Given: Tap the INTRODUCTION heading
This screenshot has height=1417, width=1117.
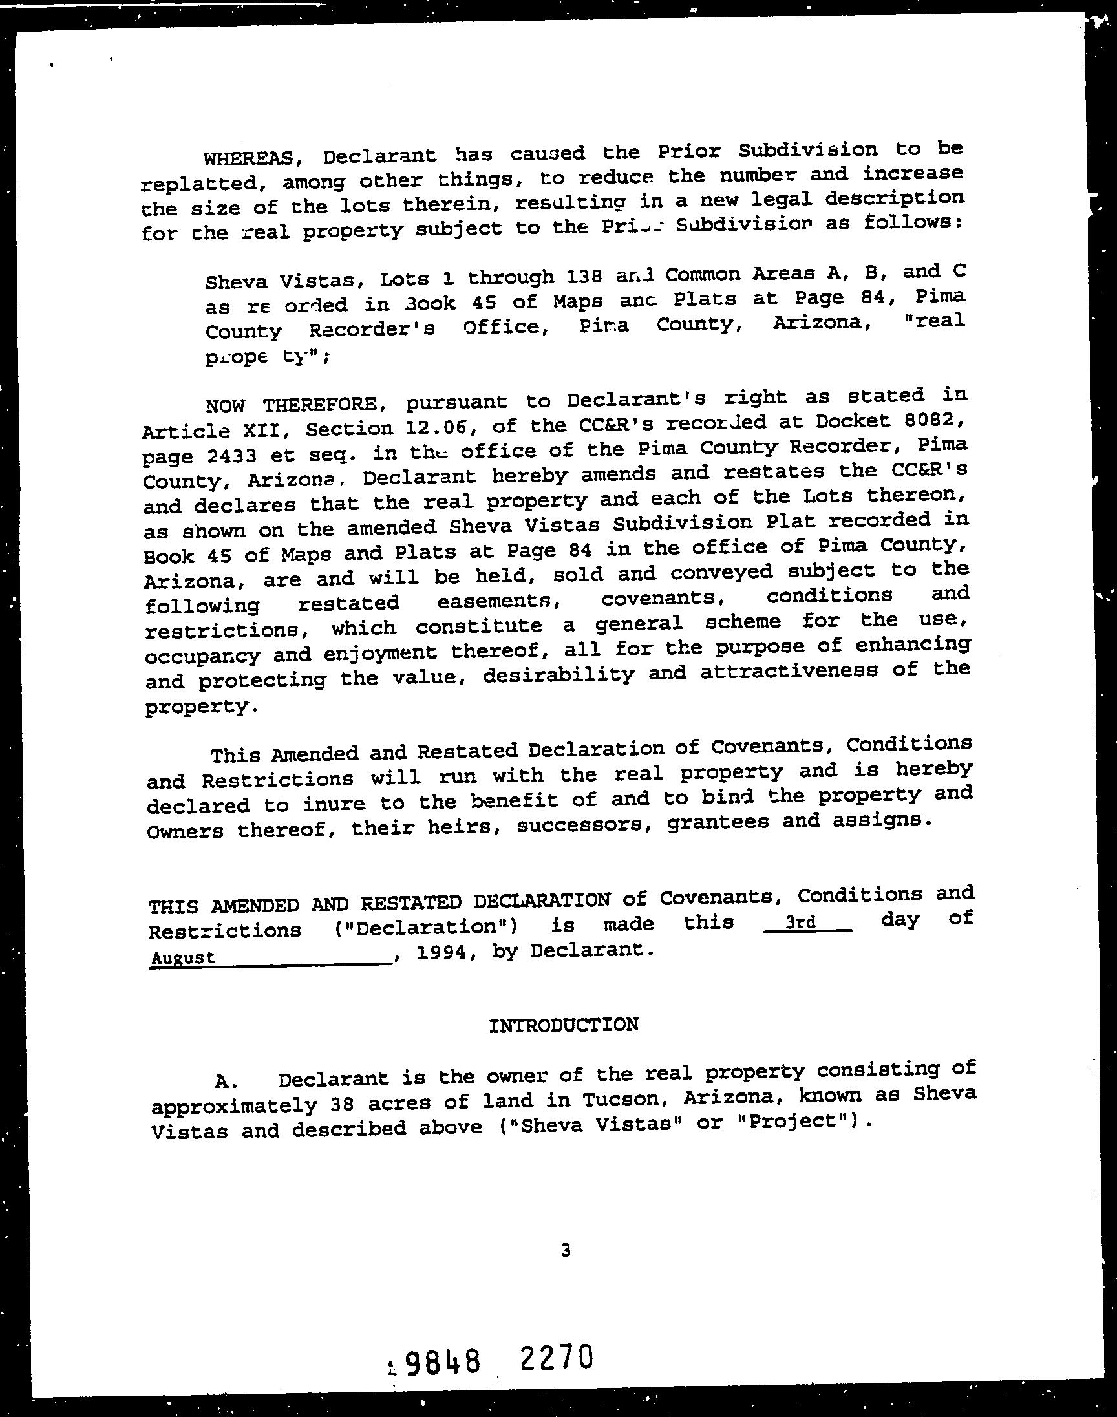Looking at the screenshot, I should coord(564,1025).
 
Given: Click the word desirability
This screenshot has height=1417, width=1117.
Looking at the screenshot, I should coord(559,674).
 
